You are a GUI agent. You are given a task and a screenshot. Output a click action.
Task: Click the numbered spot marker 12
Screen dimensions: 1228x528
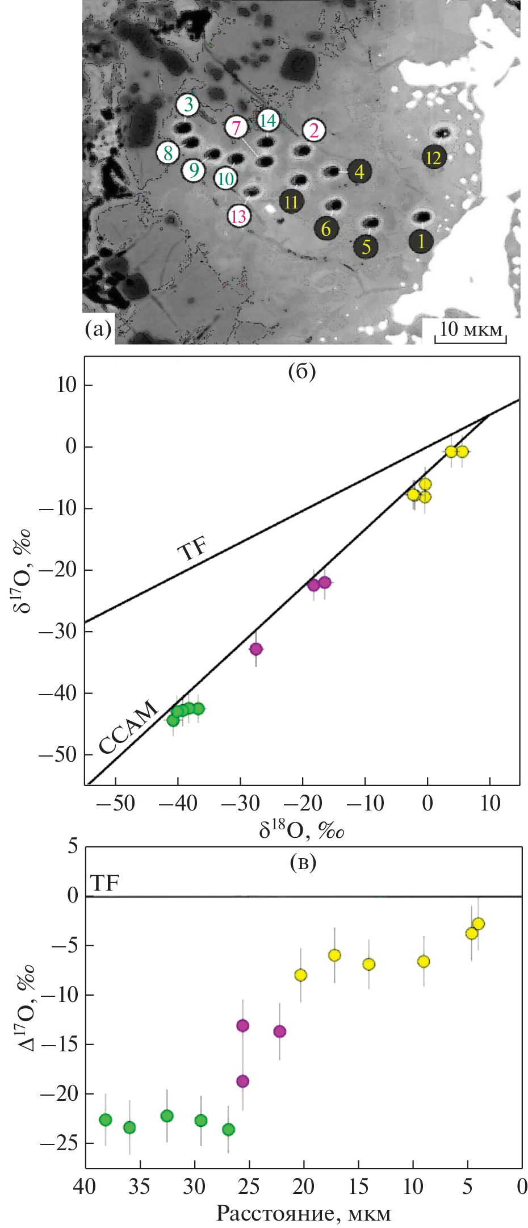(x=434, y=157)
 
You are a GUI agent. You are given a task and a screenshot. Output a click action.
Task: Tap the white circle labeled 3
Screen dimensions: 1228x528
(x=188, y=105)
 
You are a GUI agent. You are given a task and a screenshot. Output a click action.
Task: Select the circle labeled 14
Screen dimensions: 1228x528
(x=267, y=120)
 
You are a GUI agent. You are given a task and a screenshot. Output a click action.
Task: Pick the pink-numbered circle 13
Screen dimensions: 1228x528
(x=239, y=216)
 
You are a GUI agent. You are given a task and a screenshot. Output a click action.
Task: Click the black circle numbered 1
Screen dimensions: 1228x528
(x=421, y=241)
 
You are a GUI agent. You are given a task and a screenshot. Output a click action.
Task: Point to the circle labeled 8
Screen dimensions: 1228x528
(x=168, y=152)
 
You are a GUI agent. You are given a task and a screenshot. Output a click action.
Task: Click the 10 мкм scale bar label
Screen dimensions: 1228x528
(x=471, y=329)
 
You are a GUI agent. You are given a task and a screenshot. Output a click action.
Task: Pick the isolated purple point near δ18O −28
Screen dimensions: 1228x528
(x=256, y=649)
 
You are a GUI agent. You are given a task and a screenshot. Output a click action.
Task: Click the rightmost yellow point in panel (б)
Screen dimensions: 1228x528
(x=462, y=452)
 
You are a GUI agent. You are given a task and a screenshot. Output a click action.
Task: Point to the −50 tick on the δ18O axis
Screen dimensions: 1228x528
(x=116, y=803)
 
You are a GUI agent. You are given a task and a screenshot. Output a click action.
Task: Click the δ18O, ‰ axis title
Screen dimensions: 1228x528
(x=302, y=830)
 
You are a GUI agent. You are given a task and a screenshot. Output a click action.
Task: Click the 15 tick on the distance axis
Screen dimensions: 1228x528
(x=358, y=1187)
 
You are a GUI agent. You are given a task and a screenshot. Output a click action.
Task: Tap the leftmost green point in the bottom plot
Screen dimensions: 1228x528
(x=106, y=1120)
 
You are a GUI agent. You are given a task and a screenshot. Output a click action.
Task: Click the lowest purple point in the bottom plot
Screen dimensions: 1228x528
(x=242, y=1081)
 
